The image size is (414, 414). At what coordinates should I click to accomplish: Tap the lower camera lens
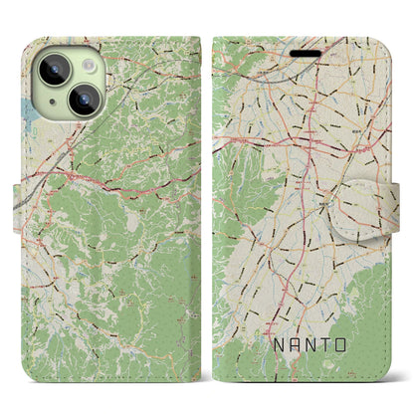tap(84, 101)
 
